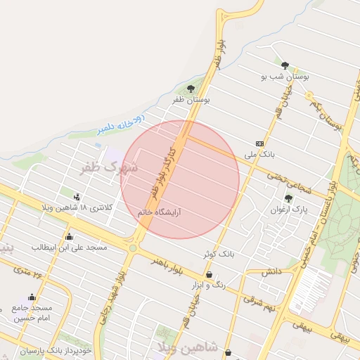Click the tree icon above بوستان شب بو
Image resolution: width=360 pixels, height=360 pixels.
[x=285, y=65]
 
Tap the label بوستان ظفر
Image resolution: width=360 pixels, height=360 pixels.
[x=192, y=101]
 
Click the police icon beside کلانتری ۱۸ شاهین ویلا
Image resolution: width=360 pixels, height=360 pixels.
[x=77, y=197]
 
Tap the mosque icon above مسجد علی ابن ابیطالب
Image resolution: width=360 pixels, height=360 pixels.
[x=69, y=236]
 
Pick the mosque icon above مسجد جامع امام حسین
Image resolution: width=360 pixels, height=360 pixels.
[x=32, y=297]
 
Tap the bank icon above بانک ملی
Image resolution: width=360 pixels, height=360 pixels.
[x=259, y=143]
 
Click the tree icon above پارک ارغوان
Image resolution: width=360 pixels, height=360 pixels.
[x=288, y=198]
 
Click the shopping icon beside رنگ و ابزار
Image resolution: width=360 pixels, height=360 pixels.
[x=210, y=274]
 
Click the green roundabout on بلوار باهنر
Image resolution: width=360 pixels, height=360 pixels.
[x=133, y=247]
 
